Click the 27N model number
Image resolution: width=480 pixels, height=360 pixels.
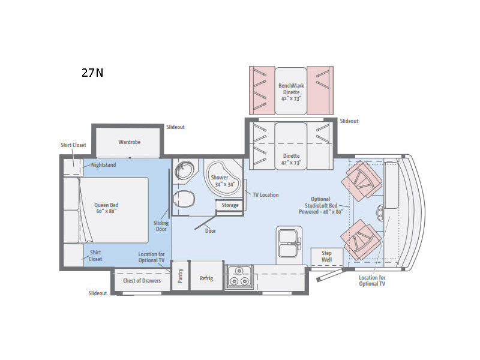tap(92, 73)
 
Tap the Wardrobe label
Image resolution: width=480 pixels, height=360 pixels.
tap(129, 142)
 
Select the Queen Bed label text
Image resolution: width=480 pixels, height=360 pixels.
tap(106, 208)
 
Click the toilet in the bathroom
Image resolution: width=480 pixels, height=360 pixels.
tap(184, 199)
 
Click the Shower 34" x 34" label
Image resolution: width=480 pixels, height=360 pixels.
tap(223, 181)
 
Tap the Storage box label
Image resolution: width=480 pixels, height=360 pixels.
tap(230, 205)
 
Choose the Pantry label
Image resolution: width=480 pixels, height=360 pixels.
tap(181, 275)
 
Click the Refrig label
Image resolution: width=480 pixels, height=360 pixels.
tap(206, 278)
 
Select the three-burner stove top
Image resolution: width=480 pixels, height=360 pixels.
tap(239, 277)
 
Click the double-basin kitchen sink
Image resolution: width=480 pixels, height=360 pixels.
tap(289, 244)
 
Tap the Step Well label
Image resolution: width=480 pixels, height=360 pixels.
tap(326, 256)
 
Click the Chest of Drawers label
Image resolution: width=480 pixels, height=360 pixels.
tap(142, 280)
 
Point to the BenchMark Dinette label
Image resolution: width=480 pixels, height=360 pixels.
tap(291, 92)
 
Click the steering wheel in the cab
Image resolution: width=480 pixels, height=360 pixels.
tap(380, 213)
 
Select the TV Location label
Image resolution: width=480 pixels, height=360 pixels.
tap(265, 194)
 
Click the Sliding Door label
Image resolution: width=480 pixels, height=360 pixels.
tap(161, 226)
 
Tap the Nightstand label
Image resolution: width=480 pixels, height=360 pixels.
tap(103, 164)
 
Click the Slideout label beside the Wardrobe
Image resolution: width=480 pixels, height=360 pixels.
tap(175, 127)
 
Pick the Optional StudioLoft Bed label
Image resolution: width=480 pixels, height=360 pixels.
tap(321, 205)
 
